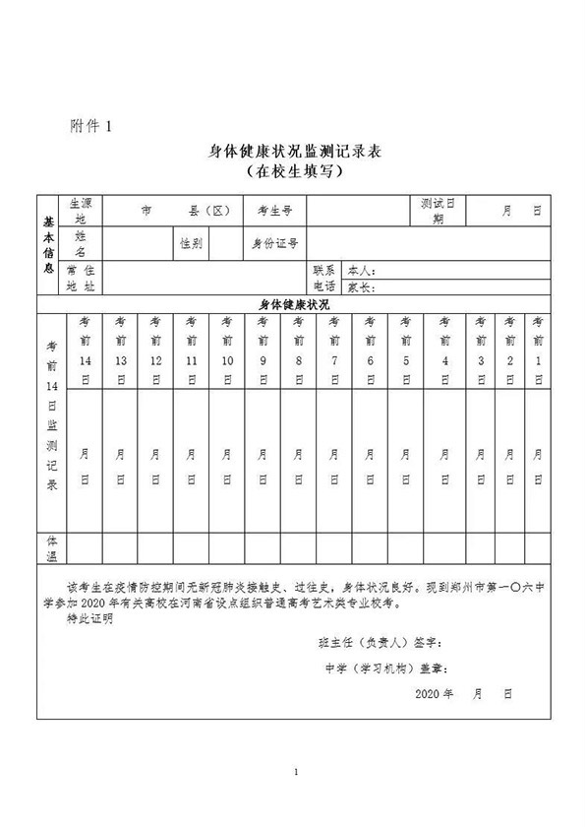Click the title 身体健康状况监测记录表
(x=292, y=151)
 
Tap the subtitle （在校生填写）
(x=292, y=171)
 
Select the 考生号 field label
(x=274, y=211)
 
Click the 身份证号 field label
(x=275, y=242)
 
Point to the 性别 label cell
(x=191, y=242)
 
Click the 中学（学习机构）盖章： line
(x=385, y=668)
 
